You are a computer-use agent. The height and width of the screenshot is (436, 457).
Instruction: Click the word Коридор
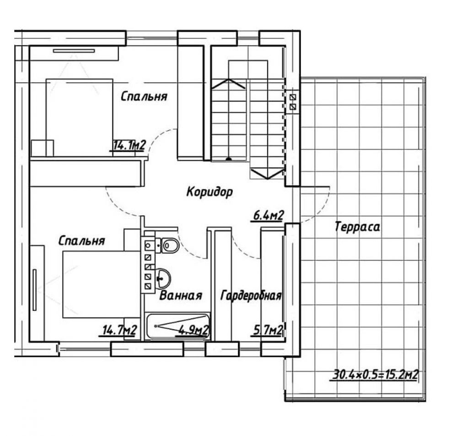210,192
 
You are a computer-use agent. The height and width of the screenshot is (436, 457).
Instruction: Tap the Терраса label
357,227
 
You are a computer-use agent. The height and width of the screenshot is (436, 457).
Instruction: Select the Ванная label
181,295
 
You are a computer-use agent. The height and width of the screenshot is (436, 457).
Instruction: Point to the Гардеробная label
251,295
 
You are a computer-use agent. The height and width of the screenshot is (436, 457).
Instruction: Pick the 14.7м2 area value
119,330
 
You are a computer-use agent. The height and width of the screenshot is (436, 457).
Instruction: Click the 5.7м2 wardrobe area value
267,330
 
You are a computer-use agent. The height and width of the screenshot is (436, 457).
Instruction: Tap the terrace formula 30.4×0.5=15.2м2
375,375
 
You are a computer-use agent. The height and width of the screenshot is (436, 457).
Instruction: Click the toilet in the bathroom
169,245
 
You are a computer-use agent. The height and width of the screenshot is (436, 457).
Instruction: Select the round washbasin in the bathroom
163,279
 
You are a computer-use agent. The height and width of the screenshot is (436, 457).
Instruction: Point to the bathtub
178,326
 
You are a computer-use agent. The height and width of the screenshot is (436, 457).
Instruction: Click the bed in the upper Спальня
79,117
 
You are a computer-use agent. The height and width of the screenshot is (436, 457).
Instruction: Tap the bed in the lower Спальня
102,284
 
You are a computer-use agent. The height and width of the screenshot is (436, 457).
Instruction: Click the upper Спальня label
144,96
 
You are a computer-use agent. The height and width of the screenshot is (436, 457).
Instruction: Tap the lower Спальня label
81,240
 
